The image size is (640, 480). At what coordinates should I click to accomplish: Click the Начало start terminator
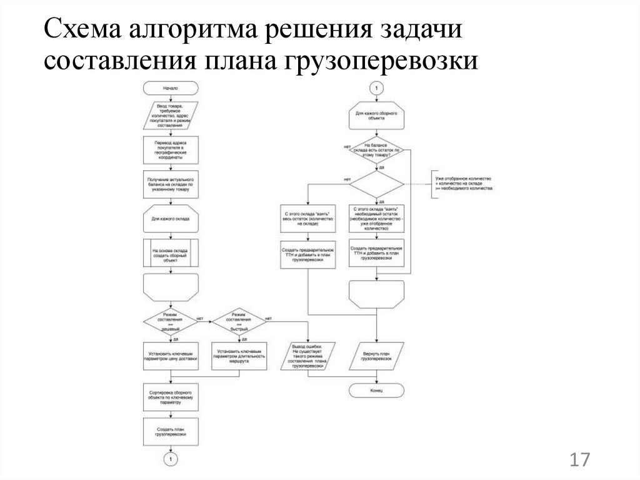pyautogui.click(x=171, y=88)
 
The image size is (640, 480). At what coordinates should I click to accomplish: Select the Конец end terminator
pyautogui.click(x=376, y=391)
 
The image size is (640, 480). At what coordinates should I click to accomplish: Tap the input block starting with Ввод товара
pyautogui.click(x=171, y=115)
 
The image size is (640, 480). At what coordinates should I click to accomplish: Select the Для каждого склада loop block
pyautogui.click(x=171, y=220)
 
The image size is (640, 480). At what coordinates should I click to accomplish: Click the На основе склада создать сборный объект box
pyautogui.click(x=171, y=255)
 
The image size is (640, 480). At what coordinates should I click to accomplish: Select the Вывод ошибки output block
pyautogui.click(x=307, y=357)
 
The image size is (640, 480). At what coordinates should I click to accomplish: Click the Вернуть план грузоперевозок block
pyautogui.click(x=376, y=359)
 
